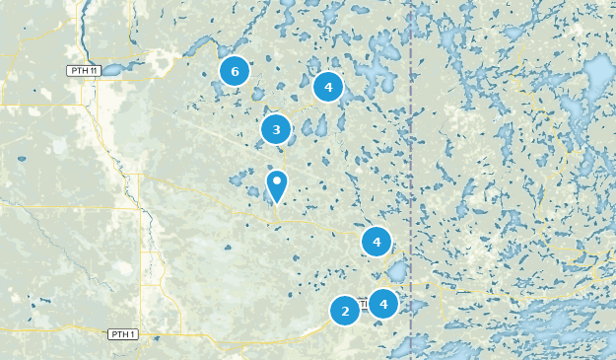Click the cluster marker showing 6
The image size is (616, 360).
tap(234, 71)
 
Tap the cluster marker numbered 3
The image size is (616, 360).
tap(276, 129)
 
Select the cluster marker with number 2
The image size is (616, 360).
tap(345, 312)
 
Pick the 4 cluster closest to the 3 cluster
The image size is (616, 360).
tap(328, 87)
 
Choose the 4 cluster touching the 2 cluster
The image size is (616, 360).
tap(382, 303)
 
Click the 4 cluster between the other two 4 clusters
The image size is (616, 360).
tap(376, 241)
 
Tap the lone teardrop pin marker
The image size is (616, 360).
tap(277, 184)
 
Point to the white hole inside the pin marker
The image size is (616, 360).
tap(277, 180)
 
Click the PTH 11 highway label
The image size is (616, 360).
tap(83, 70)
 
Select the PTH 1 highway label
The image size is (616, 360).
tap(121, 334)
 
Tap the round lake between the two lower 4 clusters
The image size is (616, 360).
tap(396, 271)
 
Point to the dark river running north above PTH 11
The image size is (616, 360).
tap(82, 30)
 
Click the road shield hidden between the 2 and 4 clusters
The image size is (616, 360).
tap(364, 306)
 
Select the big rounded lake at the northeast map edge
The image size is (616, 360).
tap(600, 74)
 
